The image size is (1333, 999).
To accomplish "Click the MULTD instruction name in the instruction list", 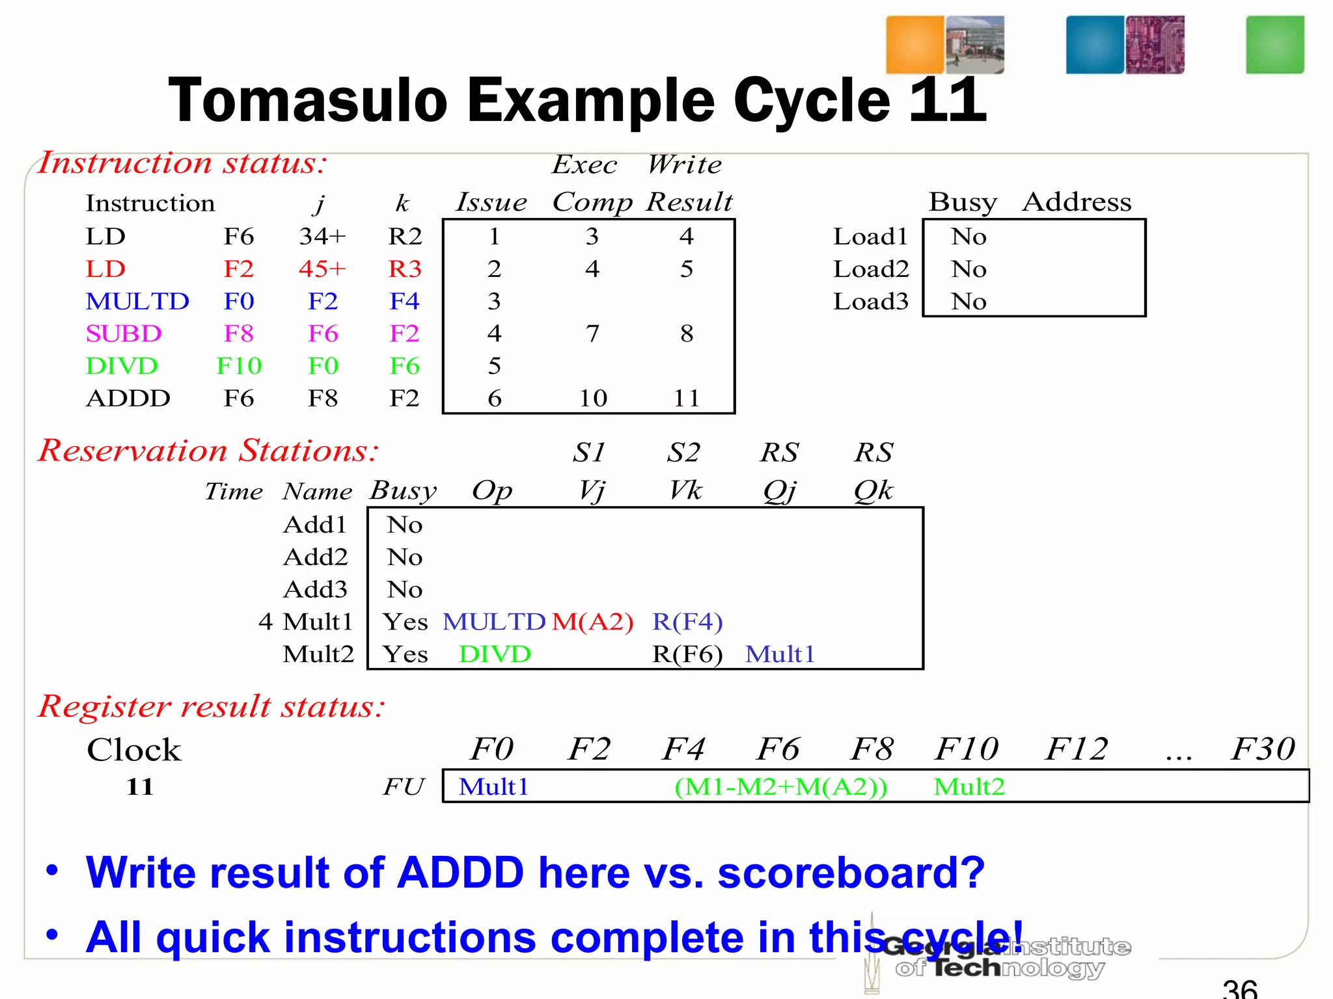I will (137, 301).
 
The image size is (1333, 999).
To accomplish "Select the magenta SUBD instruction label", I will (123, 334).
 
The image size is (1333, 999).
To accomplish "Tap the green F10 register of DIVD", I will (239, 366).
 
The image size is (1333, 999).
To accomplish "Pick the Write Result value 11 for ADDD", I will (687, 398).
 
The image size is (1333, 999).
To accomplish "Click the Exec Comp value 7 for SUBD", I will (592, 334).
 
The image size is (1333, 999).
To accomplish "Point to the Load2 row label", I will (870, 269).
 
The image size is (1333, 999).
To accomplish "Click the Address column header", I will (1077, 202).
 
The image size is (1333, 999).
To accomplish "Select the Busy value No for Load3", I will (969, 301).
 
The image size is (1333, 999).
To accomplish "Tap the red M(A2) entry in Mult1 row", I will (592, 622).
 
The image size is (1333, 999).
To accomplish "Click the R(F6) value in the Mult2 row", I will (687, 654).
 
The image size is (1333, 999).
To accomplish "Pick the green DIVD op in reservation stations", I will (495, 654).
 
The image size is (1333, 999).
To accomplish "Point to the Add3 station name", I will (316, 589).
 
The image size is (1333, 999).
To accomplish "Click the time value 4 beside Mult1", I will (265, 622).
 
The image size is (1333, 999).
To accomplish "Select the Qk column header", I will (873, 490).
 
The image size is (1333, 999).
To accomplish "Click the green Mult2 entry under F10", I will (969, 787).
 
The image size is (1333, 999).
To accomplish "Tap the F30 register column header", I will (1263, 749).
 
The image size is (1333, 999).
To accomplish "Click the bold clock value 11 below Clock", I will (140, 787).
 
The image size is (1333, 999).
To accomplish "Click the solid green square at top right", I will (1274, 45).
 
